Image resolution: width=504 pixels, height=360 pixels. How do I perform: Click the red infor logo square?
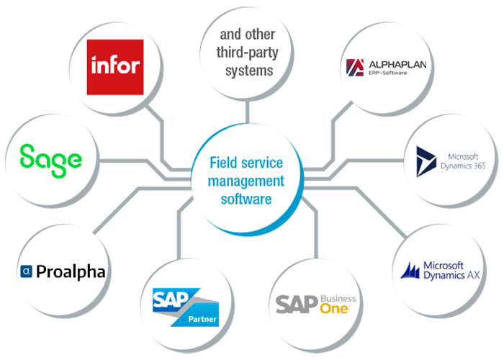(114, 67)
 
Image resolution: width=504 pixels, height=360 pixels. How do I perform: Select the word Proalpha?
(71, 271)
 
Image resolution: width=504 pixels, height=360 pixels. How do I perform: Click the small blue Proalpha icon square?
(26, 272)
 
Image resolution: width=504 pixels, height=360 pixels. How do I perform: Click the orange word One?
(336, 307)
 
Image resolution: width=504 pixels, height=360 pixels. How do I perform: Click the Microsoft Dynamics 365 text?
(467, 161)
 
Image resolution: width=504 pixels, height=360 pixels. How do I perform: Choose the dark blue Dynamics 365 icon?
(428, 160)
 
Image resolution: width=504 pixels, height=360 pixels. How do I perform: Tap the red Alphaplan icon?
(354, 68)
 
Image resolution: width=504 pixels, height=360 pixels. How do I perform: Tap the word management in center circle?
(246, 181)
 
